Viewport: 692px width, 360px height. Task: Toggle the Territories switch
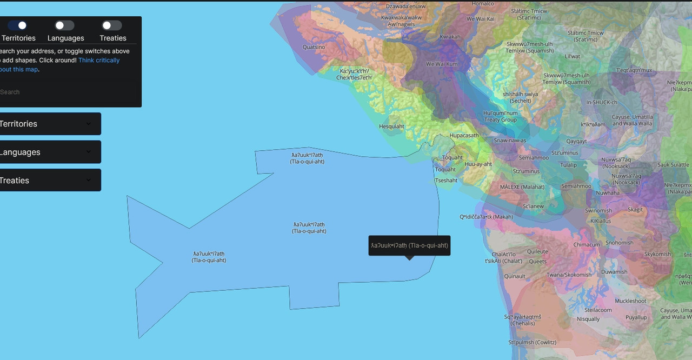pos(17,25)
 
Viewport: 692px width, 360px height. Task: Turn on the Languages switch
pos(65,25)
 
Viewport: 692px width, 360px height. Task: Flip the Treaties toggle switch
pos(112,25)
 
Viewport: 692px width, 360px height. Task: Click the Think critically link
pos(99,60)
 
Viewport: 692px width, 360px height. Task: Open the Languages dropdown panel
pos(50,152)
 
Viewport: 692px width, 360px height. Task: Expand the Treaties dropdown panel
pos(50,180)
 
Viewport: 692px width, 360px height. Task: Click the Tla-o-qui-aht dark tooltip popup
pos(409,245)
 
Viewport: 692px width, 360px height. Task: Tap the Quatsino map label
pos(314,47)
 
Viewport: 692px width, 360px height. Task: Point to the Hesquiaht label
pos(391,126)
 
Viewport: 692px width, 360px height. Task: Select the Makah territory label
pos(486,217)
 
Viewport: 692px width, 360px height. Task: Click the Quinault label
pos(515,276)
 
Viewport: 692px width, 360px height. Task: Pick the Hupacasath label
pos(464,135)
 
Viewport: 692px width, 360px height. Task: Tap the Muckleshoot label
pos(630,301)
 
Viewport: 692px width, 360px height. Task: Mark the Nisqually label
pos(588,319)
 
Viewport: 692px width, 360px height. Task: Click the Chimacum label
pos(587,245)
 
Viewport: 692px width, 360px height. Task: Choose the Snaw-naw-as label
pos(510,141)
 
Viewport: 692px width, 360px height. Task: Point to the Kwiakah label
pos(450,37)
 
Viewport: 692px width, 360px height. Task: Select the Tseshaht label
pos(446,181)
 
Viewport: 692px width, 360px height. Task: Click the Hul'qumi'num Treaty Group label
pos(500,116)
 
